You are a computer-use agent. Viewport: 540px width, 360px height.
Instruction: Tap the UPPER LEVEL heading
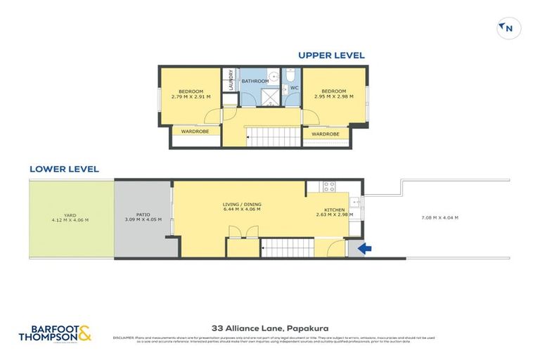coord(331,55)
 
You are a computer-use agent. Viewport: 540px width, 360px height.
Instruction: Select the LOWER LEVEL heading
coord(64,169)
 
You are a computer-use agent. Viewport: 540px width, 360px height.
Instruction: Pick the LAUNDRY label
coord(230,83)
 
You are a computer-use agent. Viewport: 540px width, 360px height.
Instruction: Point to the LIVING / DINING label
coord(241,204)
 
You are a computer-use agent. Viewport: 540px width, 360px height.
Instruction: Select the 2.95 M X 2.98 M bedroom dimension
coord(334,96)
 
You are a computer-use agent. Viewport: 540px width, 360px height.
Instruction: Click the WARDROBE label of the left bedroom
coord(195,131)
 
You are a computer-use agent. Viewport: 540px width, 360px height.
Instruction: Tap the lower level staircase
coord(286,247)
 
